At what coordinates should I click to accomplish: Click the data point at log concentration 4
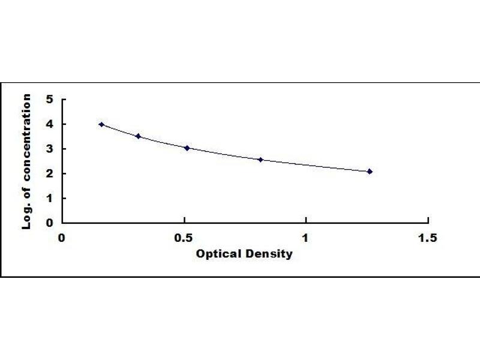point(101,124)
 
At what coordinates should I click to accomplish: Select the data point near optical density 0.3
point(139,136)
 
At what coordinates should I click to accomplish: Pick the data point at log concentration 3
point(187,148)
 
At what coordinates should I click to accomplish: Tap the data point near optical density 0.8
point(260,160)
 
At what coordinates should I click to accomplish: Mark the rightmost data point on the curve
point(370,172)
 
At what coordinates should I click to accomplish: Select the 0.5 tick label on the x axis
point(184,238)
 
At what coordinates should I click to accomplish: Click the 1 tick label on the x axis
point(306,238)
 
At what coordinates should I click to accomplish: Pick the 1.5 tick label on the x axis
point(428,238)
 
